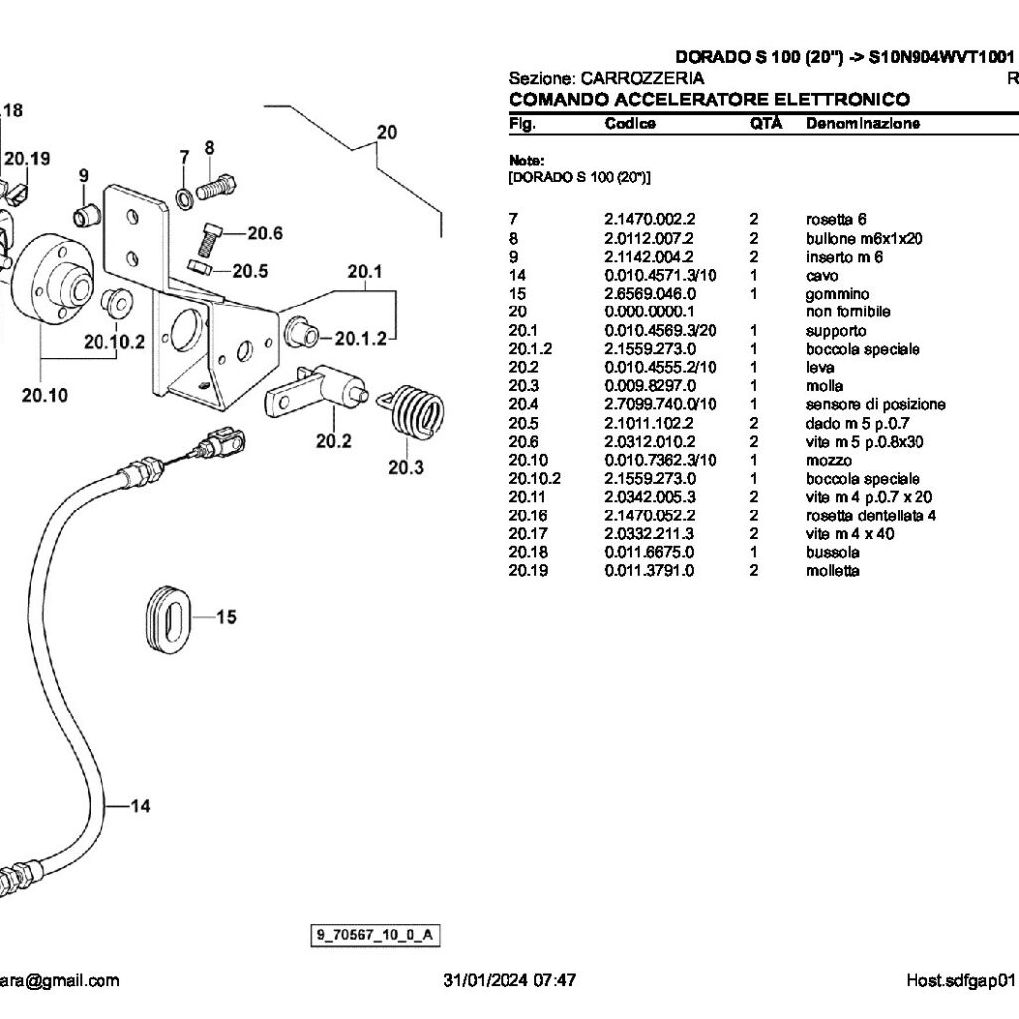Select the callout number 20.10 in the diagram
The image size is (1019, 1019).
(x=45, y=395)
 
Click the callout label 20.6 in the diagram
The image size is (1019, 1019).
(x=265, y=233)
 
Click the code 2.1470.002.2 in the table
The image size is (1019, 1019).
(x=650, y=219)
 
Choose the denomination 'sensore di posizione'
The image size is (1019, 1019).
(x=876, y=404)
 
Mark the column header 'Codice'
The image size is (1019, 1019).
(x=630, y=124)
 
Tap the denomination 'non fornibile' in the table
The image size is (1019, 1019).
(x=848, y=311)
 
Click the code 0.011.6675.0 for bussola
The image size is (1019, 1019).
(x=650, y=551)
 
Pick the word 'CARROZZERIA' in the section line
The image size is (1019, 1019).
(x=642, y=78)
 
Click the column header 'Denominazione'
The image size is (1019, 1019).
(x=862, y=124)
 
